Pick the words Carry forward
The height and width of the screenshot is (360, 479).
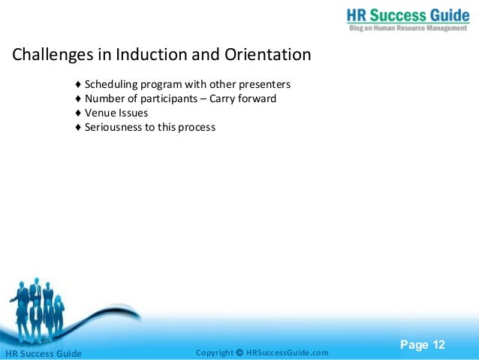coord(243,98)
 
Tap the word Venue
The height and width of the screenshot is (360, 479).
coord(100,113)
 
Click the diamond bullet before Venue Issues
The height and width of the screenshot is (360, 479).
coord(79,113)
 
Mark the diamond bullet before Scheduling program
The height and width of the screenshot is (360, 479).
coord(79,83)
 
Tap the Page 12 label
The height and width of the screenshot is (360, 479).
coord(422,345)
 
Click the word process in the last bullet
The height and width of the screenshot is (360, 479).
coord(197,128)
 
